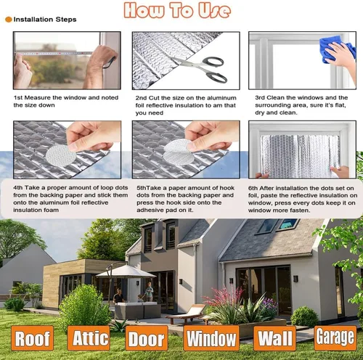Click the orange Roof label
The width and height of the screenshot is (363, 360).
click(x=32, y=338)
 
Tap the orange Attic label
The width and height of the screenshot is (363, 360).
click(x=89, y=338)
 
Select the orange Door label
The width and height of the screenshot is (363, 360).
click(x=147, y=338)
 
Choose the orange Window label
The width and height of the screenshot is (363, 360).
click(x=211, y=338)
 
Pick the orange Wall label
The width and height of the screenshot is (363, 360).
click(x=274, y=338)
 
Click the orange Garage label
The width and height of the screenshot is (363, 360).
click(x=335, y=338)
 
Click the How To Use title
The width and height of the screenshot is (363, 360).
click(x=177, y=10)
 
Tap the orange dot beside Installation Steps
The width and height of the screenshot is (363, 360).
click(x=9, y=20)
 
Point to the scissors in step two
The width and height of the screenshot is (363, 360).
click(x=203, y=68)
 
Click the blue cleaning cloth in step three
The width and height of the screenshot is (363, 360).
click(x=336, y=49)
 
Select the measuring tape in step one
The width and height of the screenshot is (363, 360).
click(x=54, y=53)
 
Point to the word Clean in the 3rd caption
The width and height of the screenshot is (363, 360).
click(x=275, y=97)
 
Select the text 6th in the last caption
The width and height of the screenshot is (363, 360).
click(x=253, y=188)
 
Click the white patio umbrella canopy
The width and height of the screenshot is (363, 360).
click(x=126, y=272)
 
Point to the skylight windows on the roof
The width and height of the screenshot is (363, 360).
click(x=278, y=226)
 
